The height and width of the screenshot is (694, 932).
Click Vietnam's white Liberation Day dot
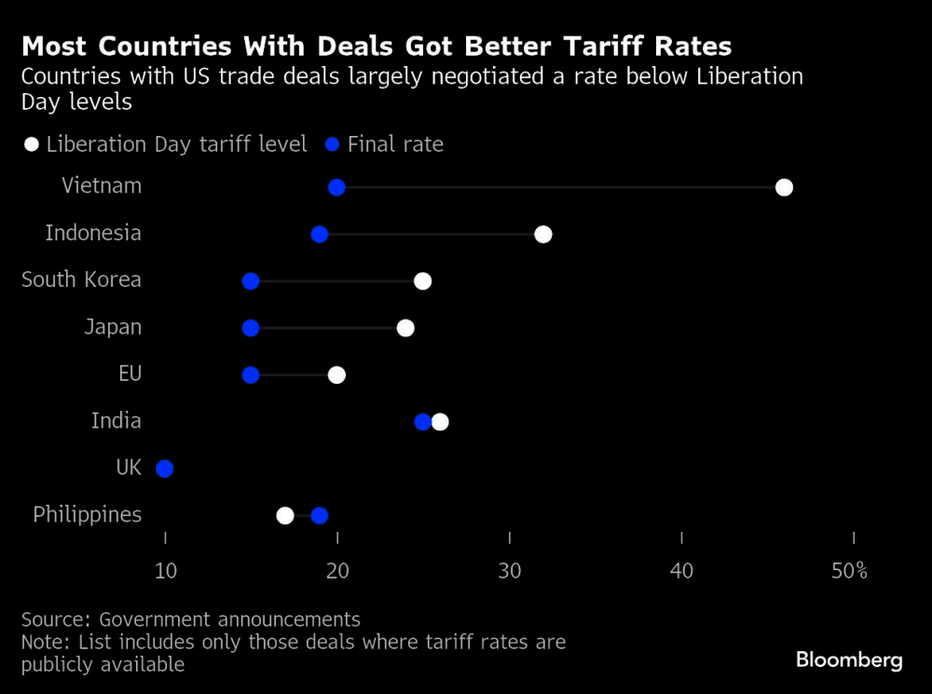[784, 187]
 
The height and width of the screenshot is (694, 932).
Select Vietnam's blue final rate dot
[336, 187]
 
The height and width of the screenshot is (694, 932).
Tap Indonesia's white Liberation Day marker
[543, 234]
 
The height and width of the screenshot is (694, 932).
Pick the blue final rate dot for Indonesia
[320, 234]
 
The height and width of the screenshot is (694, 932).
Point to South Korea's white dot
[422, 281]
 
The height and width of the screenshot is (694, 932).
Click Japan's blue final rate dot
[251, 328]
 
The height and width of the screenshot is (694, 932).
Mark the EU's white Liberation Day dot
[336, 374]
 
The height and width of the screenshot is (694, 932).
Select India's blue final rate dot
[422, 422]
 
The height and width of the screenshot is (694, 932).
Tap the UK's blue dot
[165, 469]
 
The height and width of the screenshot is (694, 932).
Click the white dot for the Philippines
[285, 515]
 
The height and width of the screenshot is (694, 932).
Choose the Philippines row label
[87, 514]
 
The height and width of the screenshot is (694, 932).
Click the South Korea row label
[81, 279]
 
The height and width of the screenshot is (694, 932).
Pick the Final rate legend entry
[385, 144]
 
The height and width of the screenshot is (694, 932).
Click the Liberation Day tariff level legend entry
[166, 144]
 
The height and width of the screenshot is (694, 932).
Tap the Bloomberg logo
[849, 660]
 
